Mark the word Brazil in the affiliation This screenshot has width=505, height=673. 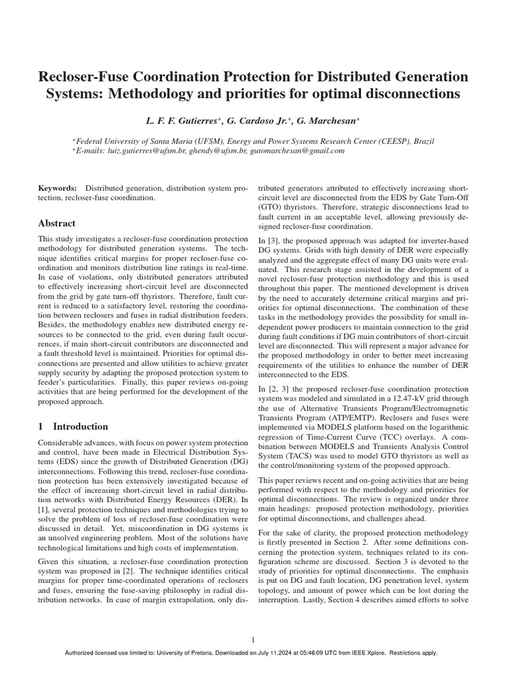click(x=421, y=141)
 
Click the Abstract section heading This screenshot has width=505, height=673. click(x=57, y=223)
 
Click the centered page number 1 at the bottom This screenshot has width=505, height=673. click(x=252, y=639)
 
